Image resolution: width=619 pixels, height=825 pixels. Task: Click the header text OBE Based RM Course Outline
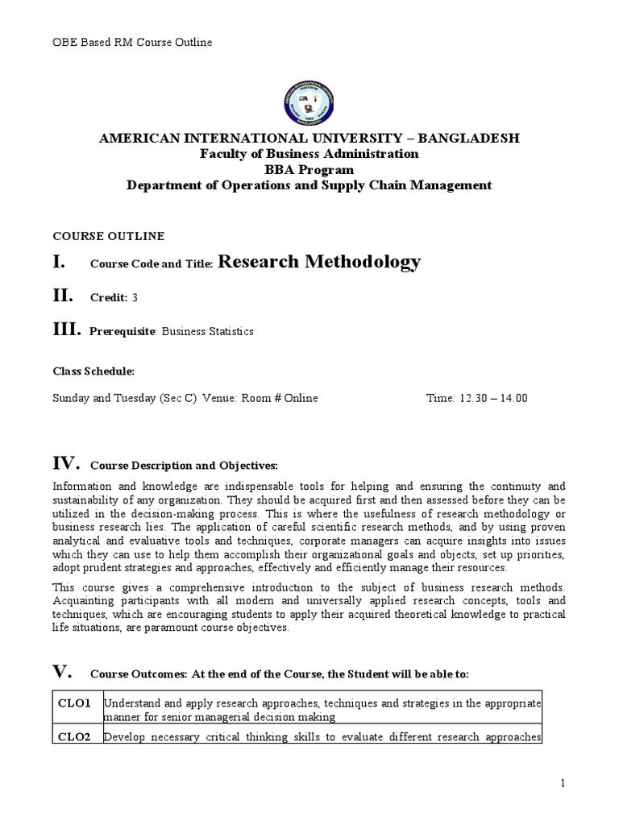[132, 42]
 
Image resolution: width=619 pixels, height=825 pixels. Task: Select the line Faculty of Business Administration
[309, 154]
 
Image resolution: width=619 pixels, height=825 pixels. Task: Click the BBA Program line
[309, 169]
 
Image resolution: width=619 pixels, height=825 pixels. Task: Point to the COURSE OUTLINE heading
[108, 236]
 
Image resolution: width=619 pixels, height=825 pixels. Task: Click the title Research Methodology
[319, 262]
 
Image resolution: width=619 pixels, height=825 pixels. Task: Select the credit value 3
[135, 298]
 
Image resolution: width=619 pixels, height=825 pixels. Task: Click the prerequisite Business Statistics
[208, 331]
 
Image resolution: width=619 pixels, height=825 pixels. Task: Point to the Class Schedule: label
[93, 371]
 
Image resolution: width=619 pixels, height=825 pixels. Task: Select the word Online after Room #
[300, 398]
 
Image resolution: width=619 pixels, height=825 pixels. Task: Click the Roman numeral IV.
[66, 463]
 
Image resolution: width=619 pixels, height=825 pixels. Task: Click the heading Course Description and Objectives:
[184, 466]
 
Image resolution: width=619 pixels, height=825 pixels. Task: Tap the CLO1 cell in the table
[77, 703]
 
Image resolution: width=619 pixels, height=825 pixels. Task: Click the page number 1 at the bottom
[563, 784]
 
